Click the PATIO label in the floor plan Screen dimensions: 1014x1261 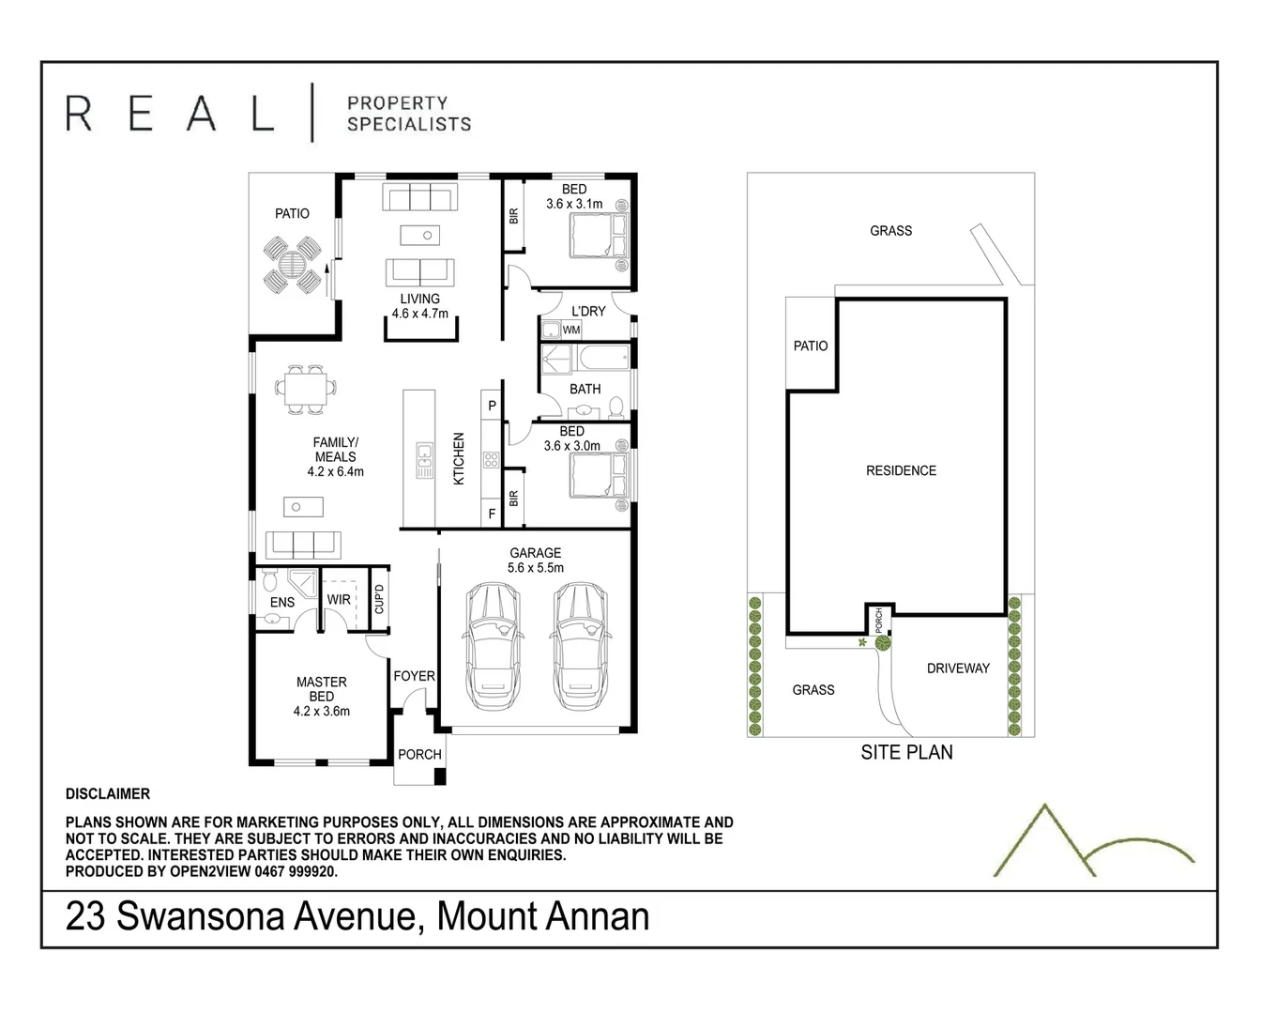tap(292, 213)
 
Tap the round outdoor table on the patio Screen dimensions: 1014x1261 tap(293, 266)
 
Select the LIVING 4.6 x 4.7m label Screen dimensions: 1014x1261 tap(419, 306)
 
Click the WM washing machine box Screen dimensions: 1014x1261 tap(571, 330)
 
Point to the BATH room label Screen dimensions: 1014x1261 tap(585, 389)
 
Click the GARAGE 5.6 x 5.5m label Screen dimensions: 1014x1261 tap(536, 561)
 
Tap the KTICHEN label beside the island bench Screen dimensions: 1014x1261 tap(459, 458)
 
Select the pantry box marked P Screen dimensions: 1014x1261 tap(492, 406)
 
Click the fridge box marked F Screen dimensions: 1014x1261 tap(492, 515)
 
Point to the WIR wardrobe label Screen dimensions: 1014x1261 tap(339, 599)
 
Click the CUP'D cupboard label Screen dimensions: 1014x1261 tap(379, 598)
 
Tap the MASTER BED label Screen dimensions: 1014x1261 tap(321, 696)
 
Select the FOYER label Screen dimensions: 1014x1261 tap(414, 676)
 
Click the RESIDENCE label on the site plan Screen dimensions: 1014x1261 tap(901, 470)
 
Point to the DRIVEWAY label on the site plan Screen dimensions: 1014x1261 tap(958, 668)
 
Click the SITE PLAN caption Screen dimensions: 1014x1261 tap(906, 752)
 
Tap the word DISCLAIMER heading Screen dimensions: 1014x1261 tap(108, 793)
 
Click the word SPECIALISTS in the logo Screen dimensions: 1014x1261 tap(409, 124)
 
